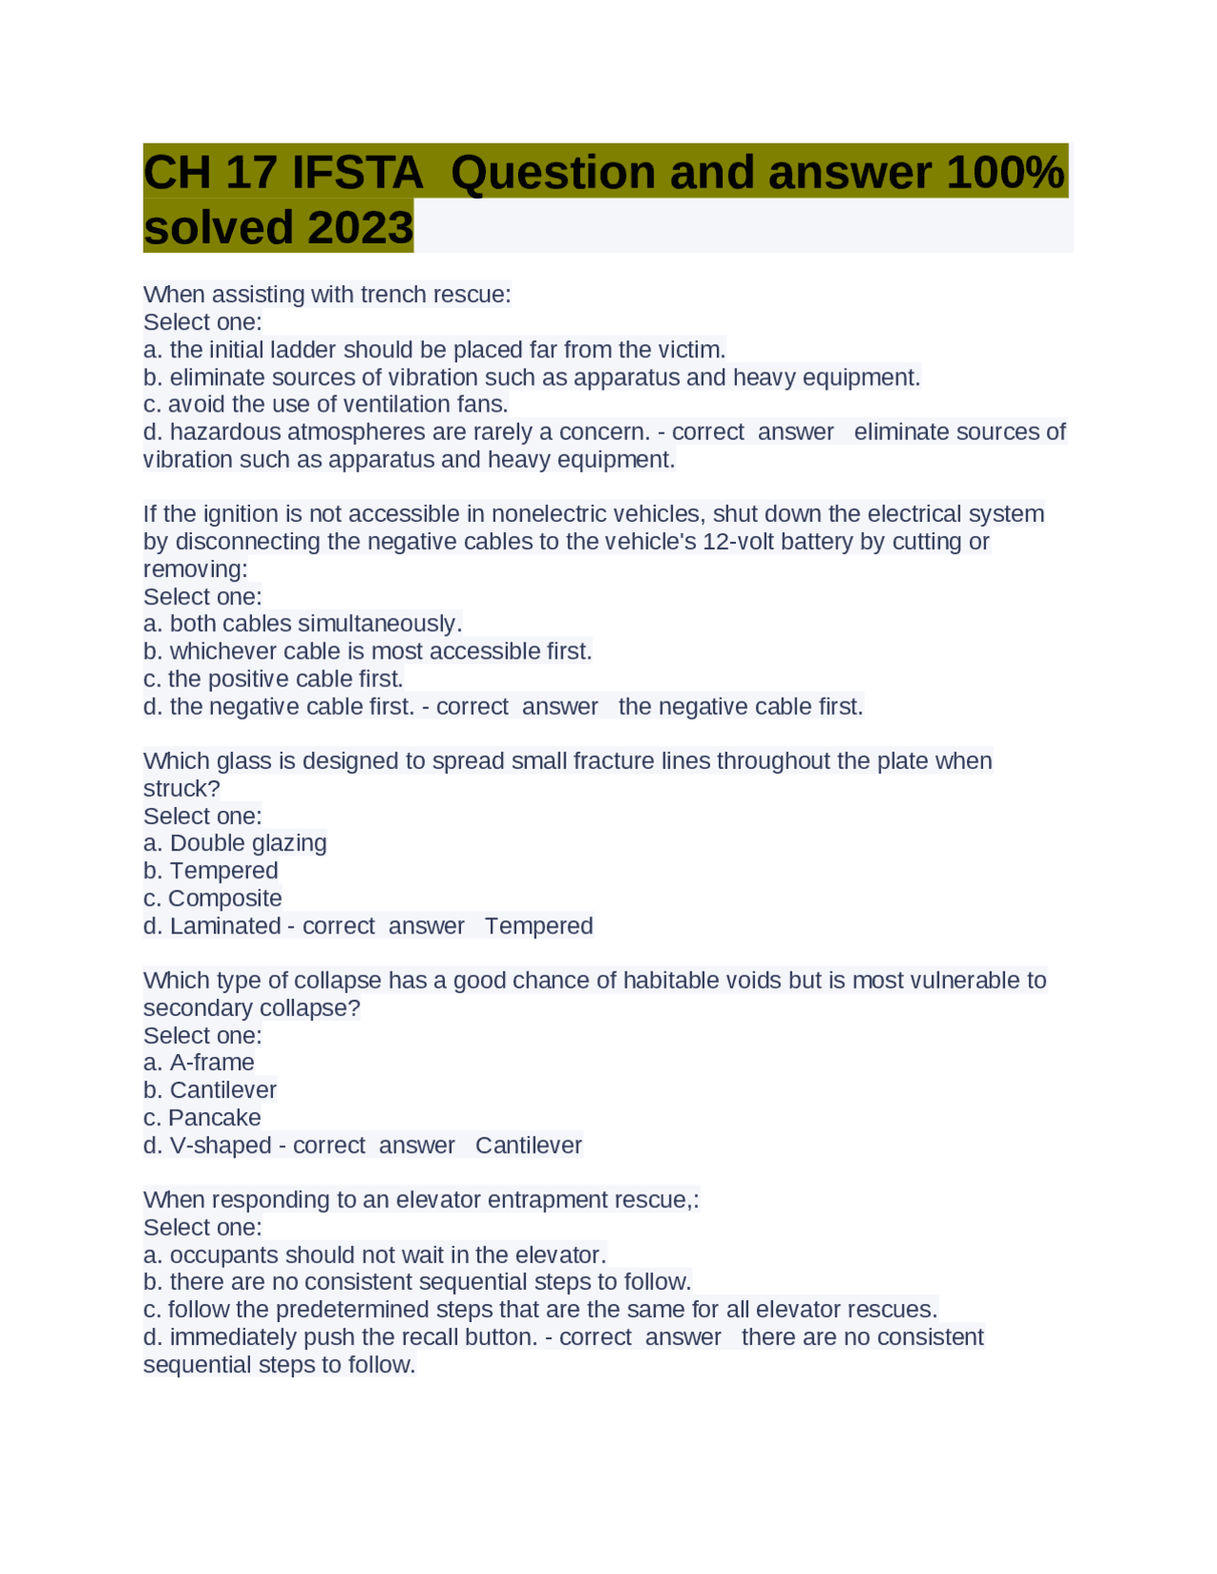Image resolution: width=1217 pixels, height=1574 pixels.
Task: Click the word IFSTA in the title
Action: point(357,173)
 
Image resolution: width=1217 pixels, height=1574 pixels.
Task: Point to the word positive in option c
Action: point(246,679)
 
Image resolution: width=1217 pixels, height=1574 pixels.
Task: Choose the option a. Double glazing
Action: point(235,843)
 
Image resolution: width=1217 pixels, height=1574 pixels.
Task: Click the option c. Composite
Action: point(213,898)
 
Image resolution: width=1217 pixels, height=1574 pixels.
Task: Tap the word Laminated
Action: point(225,926)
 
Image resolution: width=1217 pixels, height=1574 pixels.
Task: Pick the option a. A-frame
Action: point(199,1063)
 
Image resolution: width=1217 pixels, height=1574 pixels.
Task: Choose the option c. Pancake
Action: point(203,1118)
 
